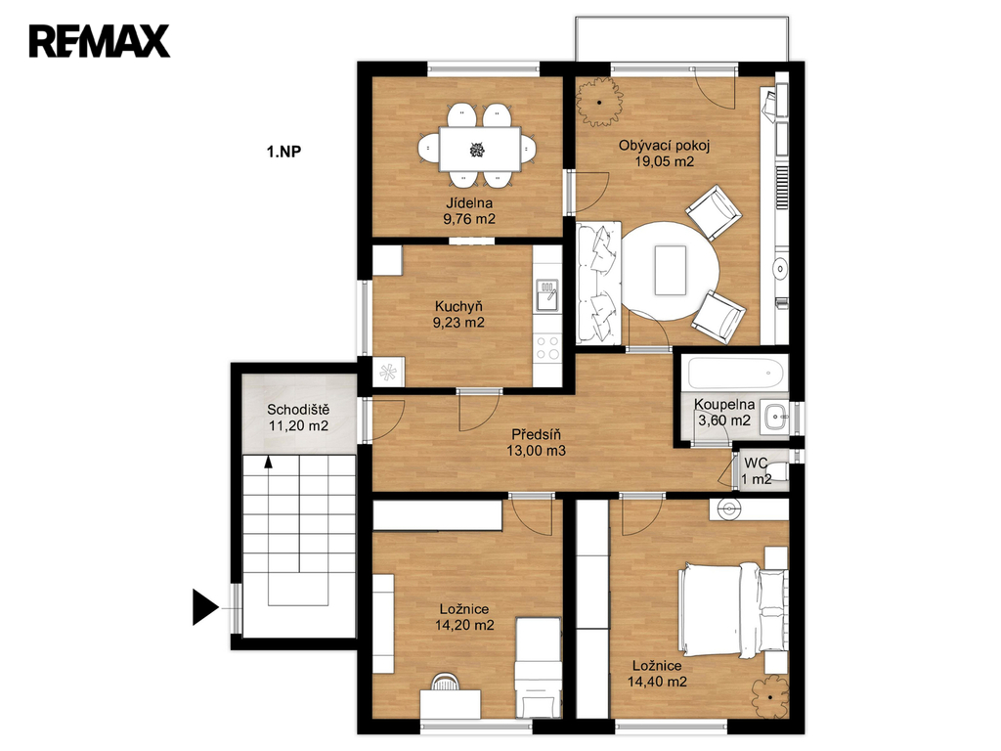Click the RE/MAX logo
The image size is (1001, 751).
[x=100, y=41]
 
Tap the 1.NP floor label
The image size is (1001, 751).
[x=283, y=152]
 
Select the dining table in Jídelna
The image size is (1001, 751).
[x=479, y=150]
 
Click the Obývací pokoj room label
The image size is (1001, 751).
[x=664, y=146]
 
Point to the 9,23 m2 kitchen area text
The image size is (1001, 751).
[x=458, y=323]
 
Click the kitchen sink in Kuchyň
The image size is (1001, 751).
[x=547, y=295]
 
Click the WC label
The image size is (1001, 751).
[x=756, y=463]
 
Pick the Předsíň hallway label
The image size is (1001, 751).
[x=537, y=435]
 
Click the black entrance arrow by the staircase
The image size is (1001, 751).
[x=205, y=607]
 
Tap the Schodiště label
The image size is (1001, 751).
[x=298, y=410]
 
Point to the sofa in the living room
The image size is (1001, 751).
[x=599, y=283]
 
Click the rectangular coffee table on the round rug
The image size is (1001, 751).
[x=671, y=271]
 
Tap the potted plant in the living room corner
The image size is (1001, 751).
[x=599, y=102]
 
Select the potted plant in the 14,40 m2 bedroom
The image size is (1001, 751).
[x=770, y=697]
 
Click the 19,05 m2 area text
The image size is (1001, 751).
[x=664, y=161]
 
